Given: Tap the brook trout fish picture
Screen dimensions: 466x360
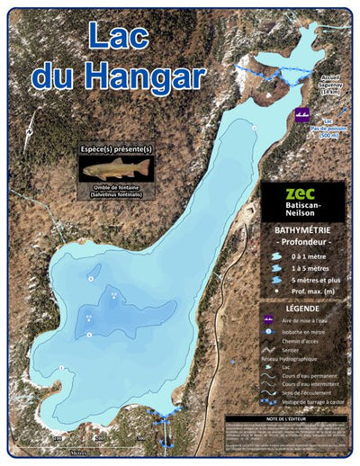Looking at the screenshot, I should click(x=116, y=169).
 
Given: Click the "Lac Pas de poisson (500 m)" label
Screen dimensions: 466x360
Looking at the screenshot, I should click(x=330, y=127).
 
